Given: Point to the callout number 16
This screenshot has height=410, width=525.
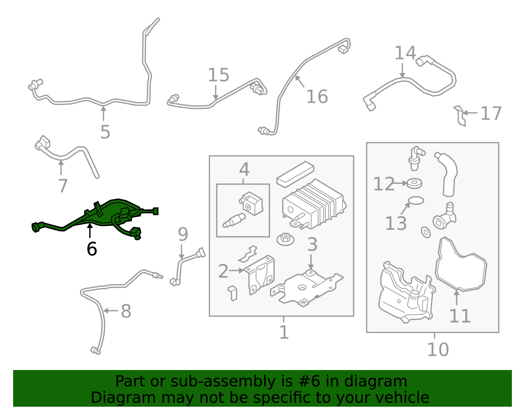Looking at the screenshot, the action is (317, 97).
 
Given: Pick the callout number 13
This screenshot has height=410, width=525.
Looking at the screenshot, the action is (396, 223).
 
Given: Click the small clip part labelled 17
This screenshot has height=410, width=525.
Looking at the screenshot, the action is (460, 116).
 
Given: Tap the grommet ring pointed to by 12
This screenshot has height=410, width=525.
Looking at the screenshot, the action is (414, 183).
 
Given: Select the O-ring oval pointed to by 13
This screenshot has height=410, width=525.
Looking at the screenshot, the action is (416, 200).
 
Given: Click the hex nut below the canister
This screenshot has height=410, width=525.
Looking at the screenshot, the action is (285, 239).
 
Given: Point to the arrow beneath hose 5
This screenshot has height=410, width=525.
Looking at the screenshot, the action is (103, 113).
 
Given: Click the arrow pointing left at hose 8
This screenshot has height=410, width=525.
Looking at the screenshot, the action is (111, 311).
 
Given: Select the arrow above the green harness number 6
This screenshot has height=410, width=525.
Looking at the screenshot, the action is (90, 231).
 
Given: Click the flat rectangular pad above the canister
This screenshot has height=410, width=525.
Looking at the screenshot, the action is (295, 174).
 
